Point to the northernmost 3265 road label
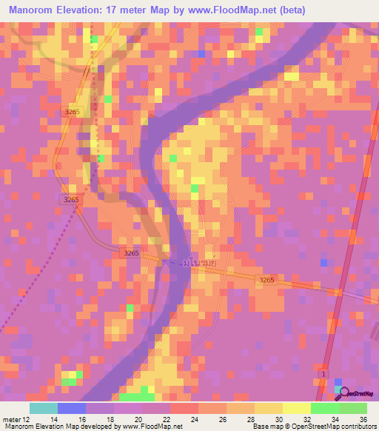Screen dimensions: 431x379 point(72,111)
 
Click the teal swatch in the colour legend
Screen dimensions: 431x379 point(44,408)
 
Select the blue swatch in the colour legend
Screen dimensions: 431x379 point(72,408)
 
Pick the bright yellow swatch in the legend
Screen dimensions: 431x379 point(297,408)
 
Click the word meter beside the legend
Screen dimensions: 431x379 point(11,418)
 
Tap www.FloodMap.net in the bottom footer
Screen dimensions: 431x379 point(154,427)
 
